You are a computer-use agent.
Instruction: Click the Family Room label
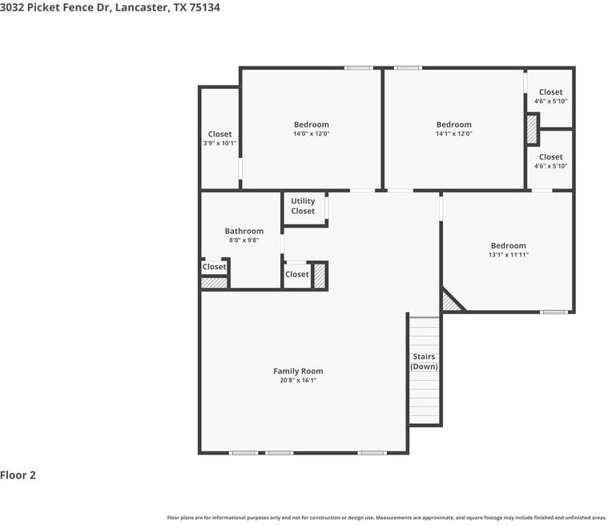pyautogui.click(x=298, y=371)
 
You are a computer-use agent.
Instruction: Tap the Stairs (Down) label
pyautogui.click(x=424, y=361)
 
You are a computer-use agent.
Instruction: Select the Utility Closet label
pyautogui.click(x=303, y=206)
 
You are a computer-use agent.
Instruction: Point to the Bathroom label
pyautogui.click(x=244, y=231)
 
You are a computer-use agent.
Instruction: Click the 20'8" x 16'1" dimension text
pyautogui.click(x=298, y=380)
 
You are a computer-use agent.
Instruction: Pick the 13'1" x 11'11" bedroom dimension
pyautogui.click(x=509, y=255)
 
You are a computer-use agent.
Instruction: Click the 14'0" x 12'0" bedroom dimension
pyautogui.click(x=312, y=134)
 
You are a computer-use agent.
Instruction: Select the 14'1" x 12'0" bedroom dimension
pyautogui.click(x=454, y=134)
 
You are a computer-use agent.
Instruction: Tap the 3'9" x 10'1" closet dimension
pyautogui.click(x=219, y=143)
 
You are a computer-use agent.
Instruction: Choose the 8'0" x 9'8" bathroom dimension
pyautogui.click(x=244, y=240)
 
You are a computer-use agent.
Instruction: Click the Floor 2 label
pyautogui.click(x=18, y=475)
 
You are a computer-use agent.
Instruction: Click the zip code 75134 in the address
pyautogui.click(x=205, y=7)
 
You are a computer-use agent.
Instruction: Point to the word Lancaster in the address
pyautogui.click(x=141, y=8)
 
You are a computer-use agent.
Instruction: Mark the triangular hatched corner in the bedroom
pyautogui.click(x=450, y=304)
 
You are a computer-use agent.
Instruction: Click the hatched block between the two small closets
pyautogui.click(x=532, y=130)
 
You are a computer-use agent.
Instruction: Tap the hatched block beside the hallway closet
pyautogui.click(x=319, y=276)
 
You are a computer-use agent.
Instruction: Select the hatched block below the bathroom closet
pyautogui.click(x=214, y=283)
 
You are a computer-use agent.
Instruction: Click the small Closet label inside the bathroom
pyautogui.click(x=214, y=267)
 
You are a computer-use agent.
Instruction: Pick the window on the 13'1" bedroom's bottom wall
pyautogui.click(x=554, y=312)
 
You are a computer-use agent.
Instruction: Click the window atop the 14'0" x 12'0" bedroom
pyautogui.click(x=359, y=68)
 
